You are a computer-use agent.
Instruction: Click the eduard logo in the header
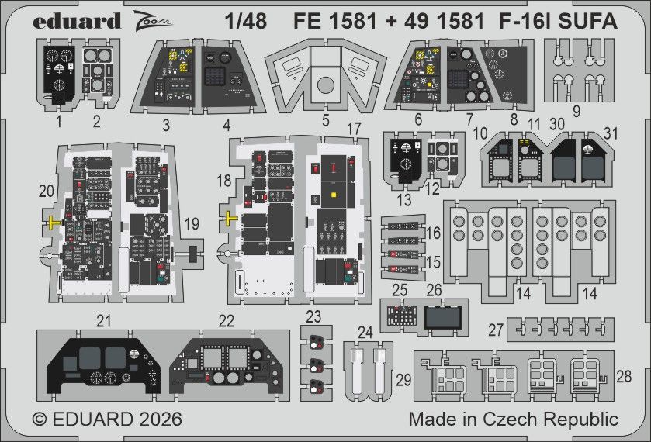click(77, 20)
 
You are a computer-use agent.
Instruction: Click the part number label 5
click(326, 121)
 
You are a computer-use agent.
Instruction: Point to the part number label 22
click(225, 320)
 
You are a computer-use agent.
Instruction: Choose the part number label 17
click(354, 129)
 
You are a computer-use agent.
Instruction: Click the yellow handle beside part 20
click(52, 223)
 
